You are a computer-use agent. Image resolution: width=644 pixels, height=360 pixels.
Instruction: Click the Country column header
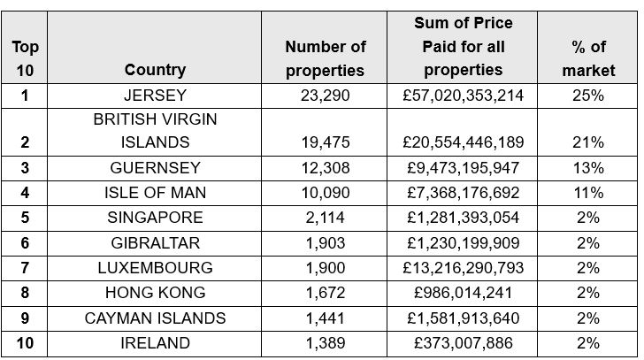tap(156, 70)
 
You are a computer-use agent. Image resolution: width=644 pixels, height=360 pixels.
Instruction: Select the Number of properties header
tap(326, 58)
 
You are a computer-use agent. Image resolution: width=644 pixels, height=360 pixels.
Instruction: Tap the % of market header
tap(588, 58)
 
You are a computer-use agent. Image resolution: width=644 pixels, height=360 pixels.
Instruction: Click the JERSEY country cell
tap(156, 96)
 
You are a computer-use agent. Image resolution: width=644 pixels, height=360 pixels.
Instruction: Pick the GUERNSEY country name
tap(156, 168)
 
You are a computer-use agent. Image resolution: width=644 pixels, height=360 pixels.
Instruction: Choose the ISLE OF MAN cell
tap(156, 193)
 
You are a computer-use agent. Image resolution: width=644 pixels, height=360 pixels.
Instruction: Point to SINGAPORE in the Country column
tap(156, 218)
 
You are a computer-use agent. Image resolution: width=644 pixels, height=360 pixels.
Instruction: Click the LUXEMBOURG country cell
tap(156, 268)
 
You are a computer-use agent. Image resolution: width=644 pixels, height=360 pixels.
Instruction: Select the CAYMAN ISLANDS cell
tap(156, 318)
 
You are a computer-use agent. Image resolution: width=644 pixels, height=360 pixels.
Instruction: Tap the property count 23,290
tap(326, 96)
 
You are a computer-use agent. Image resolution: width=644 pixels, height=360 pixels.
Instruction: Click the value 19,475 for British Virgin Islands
tap(326, 142)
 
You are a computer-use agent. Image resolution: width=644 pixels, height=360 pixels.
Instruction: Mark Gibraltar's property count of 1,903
tap(326, 243)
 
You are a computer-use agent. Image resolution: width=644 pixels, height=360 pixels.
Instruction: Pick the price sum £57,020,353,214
tap(463, 96)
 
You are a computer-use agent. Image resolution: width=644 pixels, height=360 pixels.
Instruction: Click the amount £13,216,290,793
tap(463, 268)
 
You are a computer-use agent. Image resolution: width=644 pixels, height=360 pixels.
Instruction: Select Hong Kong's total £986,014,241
tap(463, 294)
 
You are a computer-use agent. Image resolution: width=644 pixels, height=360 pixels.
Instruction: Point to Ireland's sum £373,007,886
tap(463, 343)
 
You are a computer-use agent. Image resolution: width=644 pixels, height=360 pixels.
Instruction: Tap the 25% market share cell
tap(588, 96)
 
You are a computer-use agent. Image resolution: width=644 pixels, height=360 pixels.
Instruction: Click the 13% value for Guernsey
tap(588, 168)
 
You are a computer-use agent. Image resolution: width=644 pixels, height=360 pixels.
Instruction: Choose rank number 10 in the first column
tap(26, 343)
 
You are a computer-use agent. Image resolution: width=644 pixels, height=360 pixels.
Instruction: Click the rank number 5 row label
tap(26, 218)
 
